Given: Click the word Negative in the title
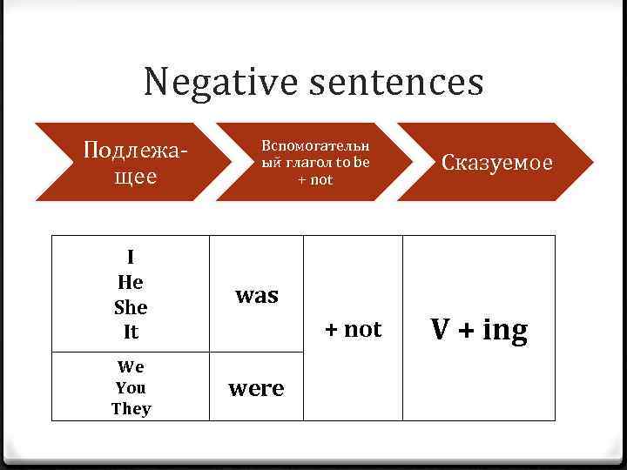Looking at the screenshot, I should [219, 84].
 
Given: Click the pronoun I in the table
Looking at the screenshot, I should [131, 257].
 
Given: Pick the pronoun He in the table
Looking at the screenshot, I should [131, 282].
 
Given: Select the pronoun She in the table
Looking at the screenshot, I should [131, 307].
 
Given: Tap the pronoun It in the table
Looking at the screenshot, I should [131, 332].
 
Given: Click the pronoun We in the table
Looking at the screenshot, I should [131, 366].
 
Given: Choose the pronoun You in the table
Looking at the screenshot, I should [131, 387].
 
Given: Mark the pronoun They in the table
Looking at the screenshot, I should [131, 408].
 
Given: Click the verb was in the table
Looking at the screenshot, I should [256, 296].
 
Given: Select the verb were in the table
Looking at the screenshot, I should [256, 388].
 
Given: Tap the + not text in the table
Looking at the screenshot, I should [353, 329].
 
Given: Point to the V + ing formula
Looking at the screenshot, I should [479, 330].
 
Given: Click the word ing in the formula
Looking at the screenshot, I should [505, 331].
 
